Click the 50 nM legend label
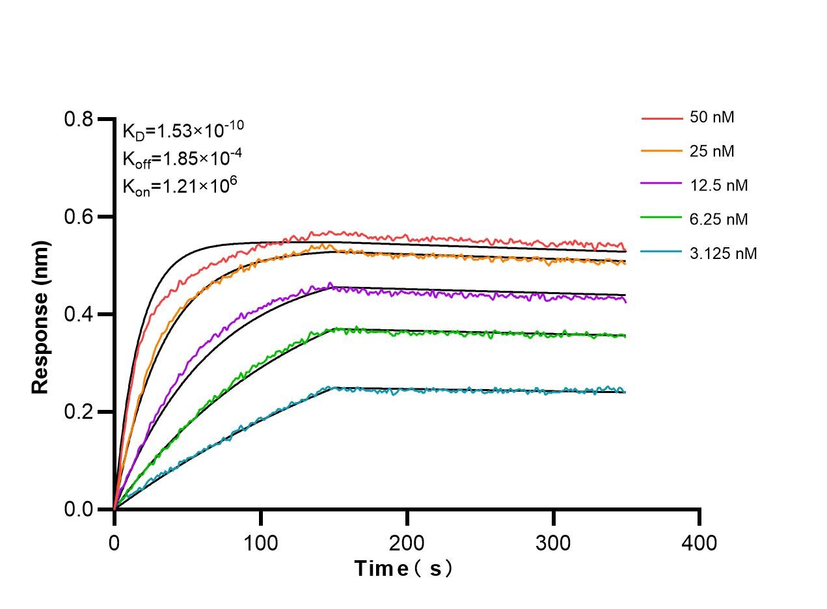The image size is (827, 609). click(712, 118)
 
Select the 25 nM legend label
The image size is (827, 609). click(712, 152)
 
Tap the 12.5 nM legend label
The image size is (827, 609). click(719, 185)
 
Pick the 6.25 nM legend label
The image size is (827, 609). click(719, 219)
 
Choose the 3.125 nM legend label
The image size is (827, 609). click(723, 253)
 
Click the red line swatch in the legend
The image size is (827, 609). click(661, 118)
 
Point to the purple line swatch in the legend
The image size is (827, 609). click(661, 186)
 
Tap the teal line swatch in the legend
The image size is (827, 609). click(661, 253)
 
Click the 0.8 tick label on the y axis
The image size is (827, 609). click(78, 119)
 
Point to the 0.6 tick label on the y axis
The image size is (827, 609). click(78, 217)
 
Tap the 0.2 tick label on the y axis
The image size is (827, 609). click(78, 412)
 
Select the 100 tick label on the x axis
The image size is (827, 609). click(261, 541)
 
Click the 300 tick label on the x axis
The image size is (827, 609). click(554, 541)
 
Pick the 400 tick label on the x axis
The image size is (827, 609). click(700, 541)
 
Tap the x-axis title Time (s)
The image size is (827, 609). click(403, 569)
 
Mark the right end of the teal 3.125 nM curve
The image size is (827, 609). click(625, 391)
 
